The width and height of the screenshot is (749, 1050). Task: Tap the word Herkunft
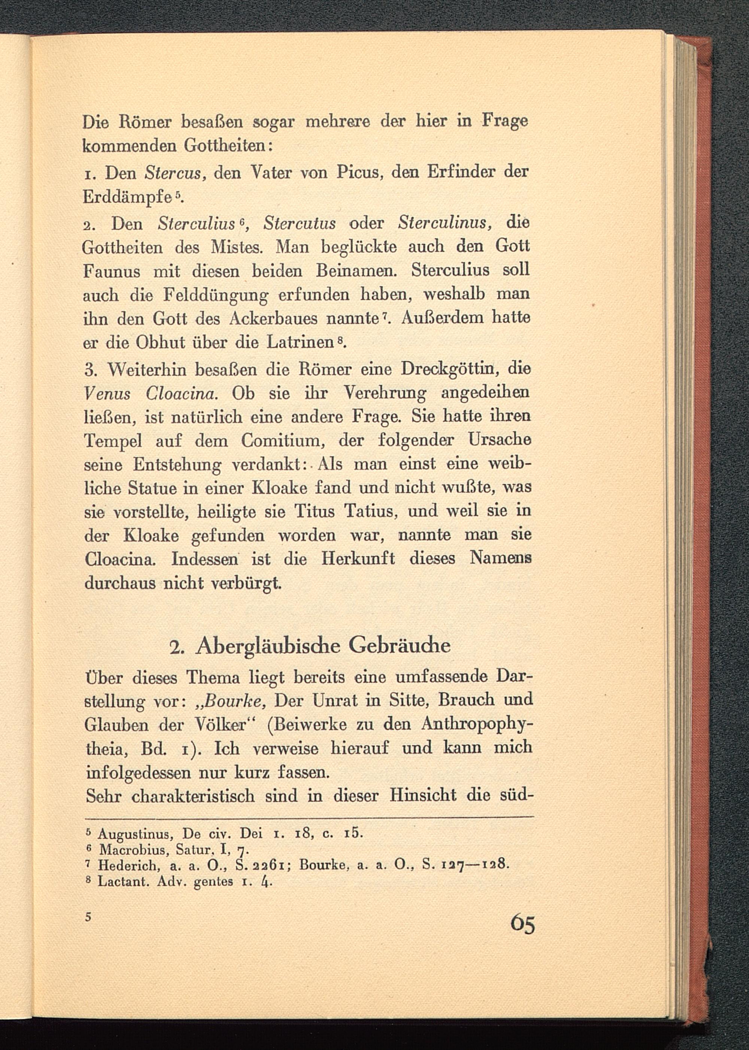358,559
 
